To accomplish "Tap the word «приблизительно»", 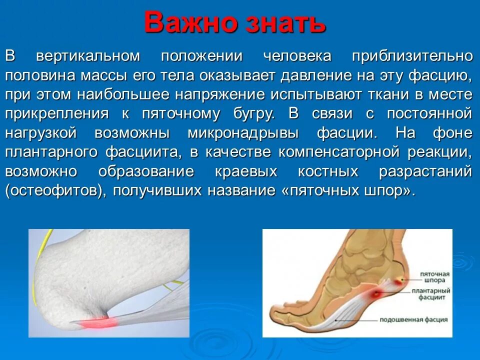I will tap(412, 56).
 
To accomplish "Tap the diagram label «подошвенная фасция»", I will tap(413, 319).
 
